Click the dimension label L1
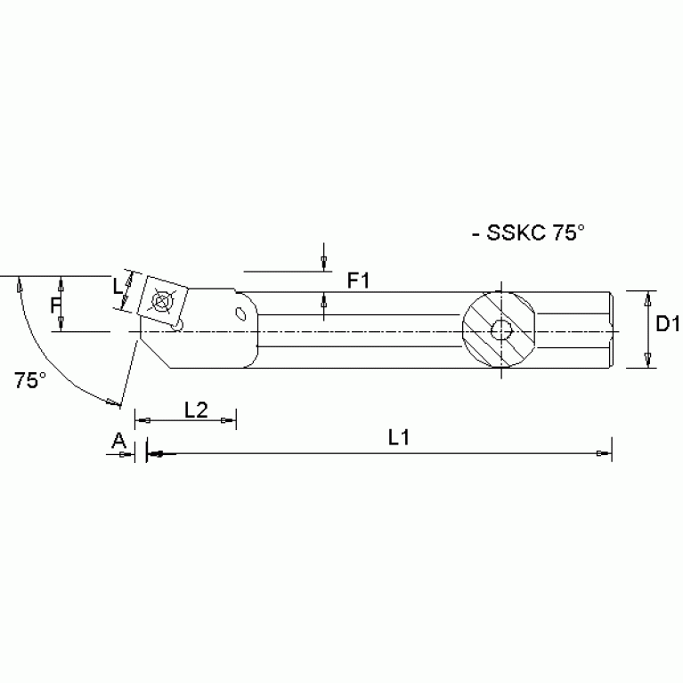click(399, 438)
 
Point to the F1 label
click(359, 281)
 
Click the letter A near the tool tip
click(118, 439)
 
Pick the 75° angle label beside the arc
click(29, 380)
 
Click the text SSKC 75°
click(533, 233)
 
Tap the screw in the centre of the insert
click(161, 302)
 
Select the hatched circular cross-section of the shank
click(500, 331)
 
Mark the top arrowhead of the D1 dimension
click(648, 297)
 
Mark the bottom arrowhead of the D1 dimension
click(648, 360)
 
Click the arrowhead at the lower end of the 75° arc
click(112, 403)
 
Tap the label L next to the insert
click(117, 287)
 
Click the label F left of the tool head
click(54, 305)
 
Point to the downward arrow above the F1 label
click(321, 263)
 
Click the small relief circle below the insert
click(177, 327)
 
